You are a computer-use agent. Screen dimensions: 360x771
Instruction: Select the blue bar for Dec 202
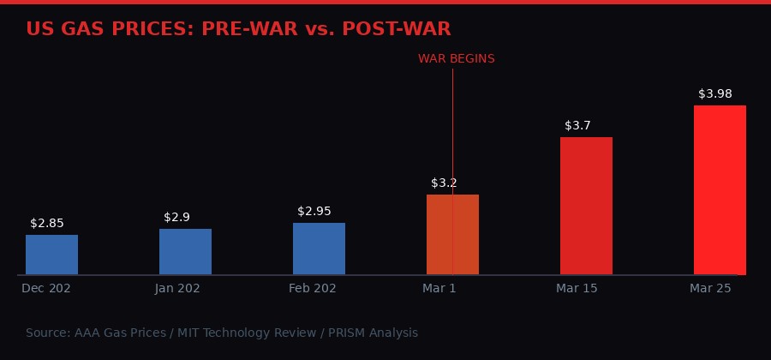coord(51,255)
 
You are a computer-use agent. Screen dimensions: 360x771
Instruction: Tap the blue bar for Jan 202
coord(185,252)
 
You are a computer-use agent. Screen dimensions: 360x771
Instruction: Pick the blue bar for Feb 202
coord(319,249)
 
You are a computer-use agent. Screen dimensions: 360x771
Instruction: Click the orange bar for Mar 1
coord(452,235)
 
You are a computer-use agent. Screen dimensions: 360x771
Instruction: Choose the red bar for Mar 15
coord(586,206)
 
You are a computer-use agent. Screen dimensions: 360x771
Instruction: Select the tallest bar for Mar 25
coord(720,190)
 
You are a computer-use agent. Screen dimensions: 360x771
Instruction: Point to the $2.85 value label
coord(47,224)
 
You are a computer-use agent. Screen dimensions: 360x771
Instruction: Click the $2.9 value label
coord(176,218)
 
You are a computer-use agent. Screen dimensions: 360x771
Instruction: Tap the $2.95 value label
coord(314,212)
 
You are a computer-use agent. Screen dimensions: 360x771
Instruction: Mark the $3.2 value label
coord(444,183)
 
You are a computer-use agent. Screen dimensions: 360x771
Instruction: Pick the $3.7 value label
coord(577,126)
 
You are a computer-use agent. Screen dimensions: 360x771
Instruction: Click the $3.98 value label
coord(715,94)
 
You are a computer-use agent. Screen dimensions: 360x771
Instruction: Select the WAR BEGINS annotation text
coord(456,59)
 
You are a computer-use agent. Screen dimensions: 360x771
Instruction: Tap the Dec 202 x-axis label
coord(46,289)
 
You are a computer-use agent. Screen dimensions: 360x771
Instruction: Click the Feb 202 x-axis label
coord(313,289)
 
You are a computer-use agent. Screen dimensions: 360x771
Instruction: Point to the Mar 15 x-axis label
coord(577,289)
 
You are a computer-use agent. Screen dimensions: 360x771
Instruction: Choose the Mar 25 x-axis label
coord(710,289)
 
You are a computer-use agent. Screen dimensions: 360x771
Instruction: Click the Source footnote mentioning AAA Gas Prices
coord(222,333)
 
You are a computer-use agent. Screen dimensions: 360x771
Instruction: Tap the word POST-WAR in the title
coord(396,29)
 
